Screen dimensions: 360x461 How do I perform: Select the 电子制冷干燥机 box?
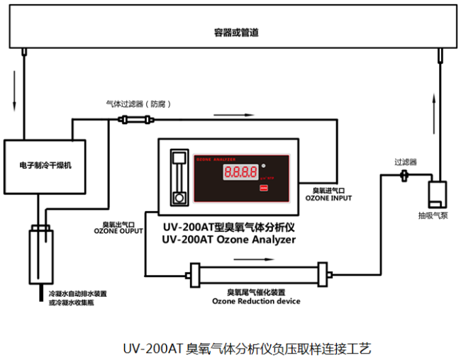(46, 165)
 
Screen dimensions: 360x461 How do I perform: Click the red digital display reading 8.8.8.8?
(239, 172)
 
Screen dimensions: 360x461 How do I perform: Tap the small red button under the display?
(264, 189)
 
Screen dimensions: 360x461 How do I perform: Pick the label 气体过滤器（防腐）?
(135, 103)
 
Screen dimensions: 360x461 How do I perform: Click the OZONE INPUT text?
(328, 198)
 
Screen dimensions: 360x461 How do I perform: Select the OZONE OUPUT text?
(118, 232)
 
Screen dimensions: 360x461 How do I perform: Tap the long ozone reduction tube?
(258, 274)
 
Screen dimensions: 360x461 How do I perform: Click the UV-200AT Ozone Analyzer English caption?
(228, 240)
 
